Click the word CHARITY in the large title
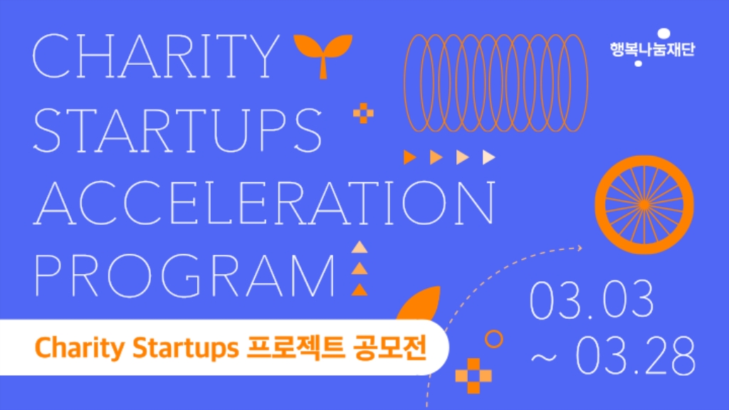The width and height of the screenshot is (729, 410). coord(156,56)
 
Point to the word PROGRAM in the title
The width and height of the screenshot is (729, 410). coord(184,275)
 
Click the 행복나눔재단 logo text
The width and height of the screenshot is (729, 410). coord(652,49)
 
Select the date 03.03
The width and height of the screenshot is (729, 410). coord(592,300)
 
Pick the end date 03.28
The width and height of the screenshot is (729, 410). coord(636,356)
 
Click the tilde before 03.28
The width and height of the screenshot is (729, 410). coord(543,357)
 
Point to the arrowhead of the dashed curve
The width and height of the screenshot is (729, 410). coord(579,248)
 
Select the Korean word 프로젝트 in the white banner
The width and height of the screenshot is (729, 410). coord(295,347)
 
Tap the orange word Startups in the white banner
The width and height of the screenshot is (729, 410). coord(186,349)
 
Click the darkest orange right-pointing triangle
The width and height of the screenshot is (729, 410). coord(409,157)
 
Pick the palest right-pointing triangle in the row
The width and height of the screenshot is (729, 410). coord(488,157)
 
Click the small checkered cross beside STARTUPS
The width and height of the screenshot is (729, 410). coord(363,113)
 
